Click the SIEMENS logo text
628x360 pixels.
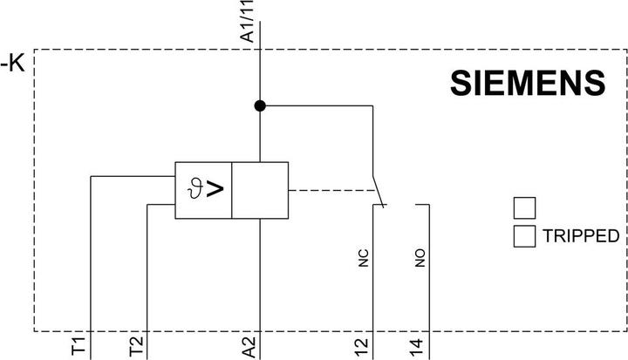(x=528, y=83)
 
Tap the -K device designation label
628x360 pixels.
(x=13, y=63)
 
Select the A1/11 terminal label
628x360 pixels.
(x=247, y=21)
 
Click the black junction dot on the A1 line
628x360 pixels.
(x=260, y=105)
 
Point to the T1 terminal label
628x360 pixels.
(x=78, y=345)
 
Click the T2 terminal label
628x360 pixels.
(x=136, y=346)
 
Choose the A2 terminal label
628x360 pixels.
(x=249, y=347)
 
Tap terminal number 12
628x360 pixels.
(x=361, y=347)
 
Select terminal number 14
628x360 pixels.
(x=416, y=347)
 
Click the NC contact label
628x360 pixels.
(x=363, y=258)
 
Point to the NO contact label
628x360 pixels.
(x=420, y=258)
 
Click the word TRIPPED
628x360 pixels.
(x=581, y=236)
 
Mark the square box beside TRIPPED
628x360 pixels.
(x=525, y=236)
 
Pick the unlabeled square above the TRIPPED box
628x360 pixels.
(x=525, y=208)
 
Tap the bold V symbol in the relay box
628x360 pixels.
(x=215, y=189)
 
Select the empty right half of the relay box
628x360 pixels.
(x=260, y=190)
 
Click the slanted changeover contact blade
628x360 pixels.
(x=379, y=192)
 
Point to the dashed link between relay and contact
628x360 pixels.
(x=332, y=190)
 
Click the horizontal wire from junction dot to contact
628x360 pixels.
(x=317, y=105)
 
